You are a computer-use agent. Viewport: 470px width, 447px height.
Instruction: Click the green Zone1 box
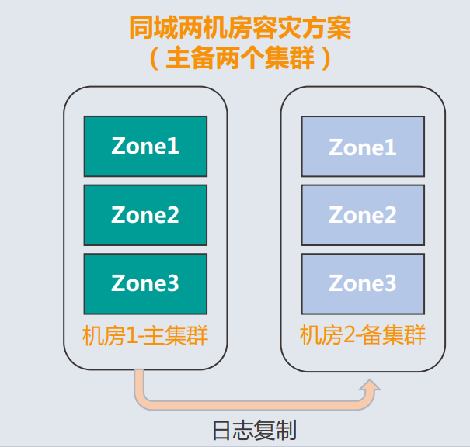145,146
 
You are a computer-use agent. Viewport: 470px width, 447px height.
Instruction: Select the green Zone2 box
145,214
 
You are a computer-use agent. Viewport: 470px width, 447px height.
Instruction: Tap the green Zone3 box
145,282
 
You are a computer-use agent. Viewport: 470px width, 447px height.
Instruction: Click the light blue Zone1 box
363,146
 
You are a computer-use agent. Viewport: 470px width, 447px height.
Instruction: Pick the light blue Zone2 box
363,214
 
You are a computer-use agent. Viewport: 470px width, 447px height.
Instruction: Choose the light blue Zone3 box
363,282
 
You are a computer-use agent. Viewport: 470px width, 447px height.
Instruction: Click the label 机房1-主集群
145,336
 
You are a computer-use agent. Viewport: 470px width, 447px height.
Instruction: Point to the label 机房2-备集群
363,336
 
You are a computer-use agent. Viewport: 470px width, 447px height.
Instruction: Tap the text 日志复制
254,430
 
